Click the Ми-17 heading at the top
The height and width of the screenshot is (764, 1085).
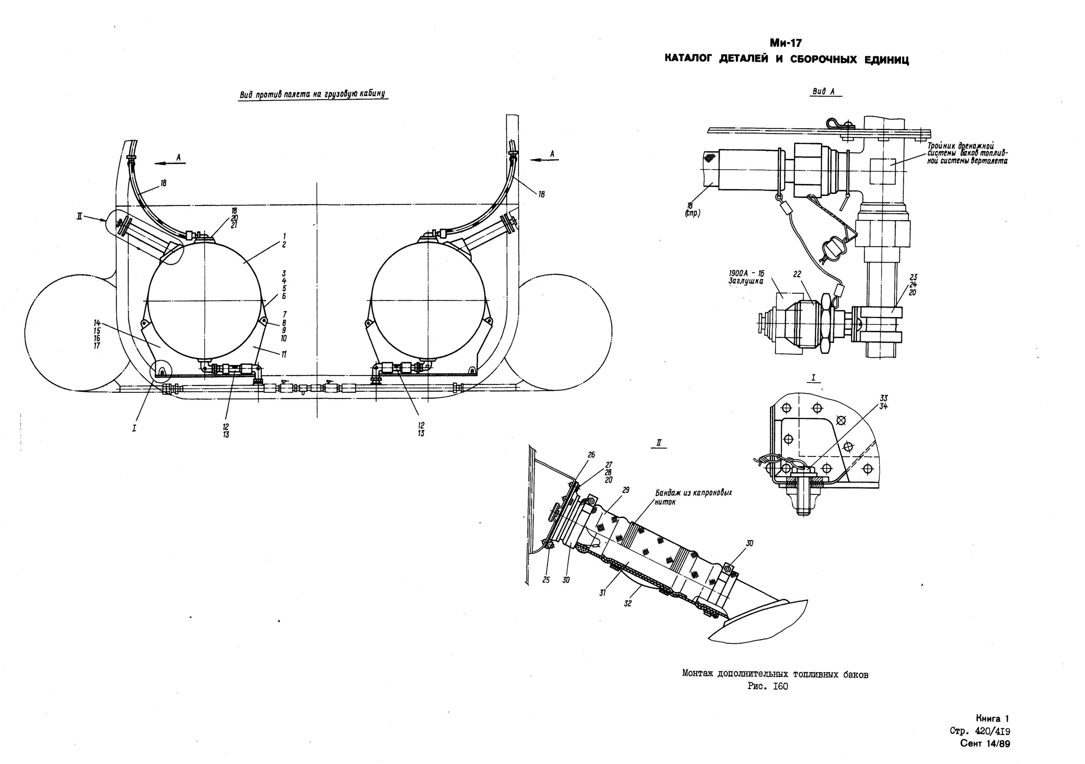[x=786, y=43]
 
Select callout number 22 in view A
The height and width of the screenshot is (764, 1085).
[x=797, y=275]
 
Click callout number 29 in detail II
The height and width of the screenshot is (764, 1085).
[x=626, y=490]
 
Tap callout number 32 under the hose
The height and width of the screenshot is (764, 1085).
[x=628, y=603]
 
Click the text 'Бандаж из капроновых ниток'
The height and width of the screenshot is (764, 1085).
[x=693, y=497]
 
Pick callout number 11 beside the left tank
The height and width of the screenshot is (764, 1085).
[x=284, y=355]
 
